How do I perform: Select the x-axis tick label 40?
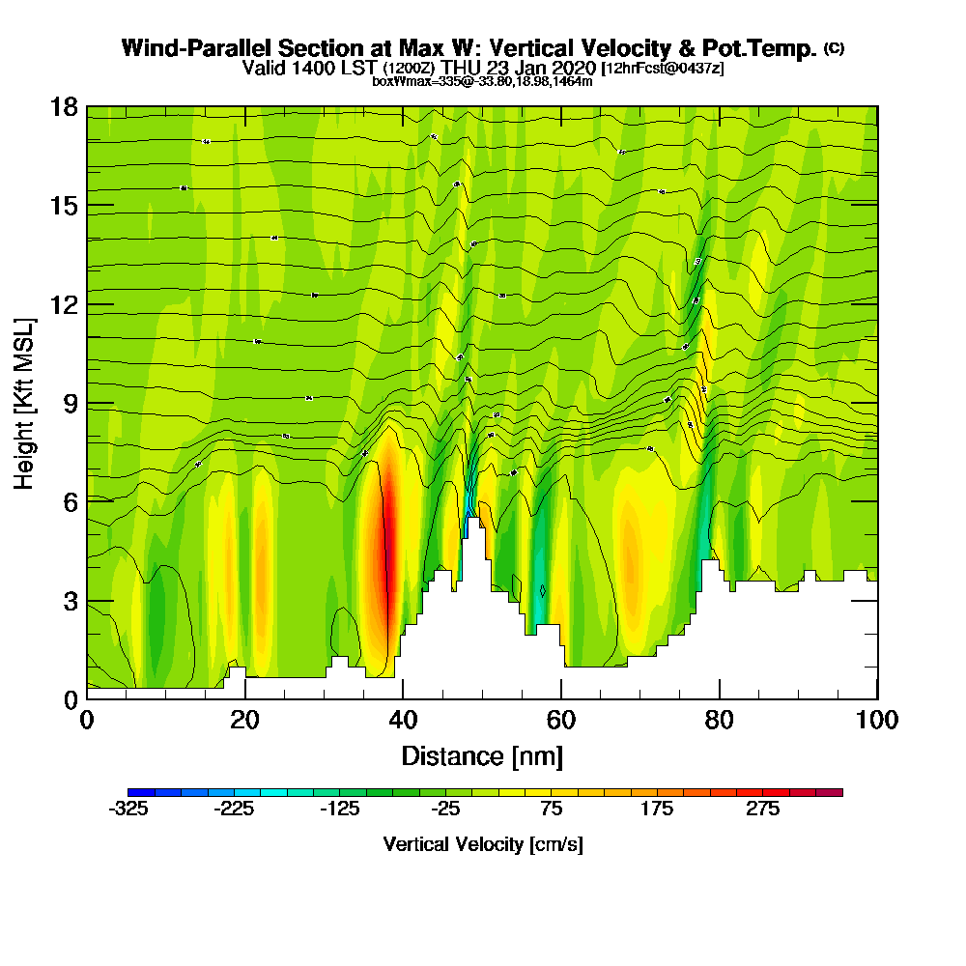coord(403,721)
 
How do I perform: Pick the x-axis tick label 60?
coord(561,721)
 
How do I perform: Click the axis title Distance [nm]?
coord(482,755)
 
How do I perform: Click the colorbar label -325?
coord(129,810)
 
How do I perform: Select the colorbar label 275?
coord(763,810)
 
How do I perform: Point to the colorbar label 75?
coord(552,810)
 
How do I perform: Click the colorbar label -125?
coord(340,810)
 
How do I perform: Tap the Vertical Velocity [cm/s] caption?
coord(483,844)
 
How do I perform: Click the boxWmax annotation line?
coord(482,81)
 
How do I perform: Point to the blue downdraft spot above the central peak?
coord(470,502)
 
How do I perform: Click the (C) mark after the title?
coord(834,47)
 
